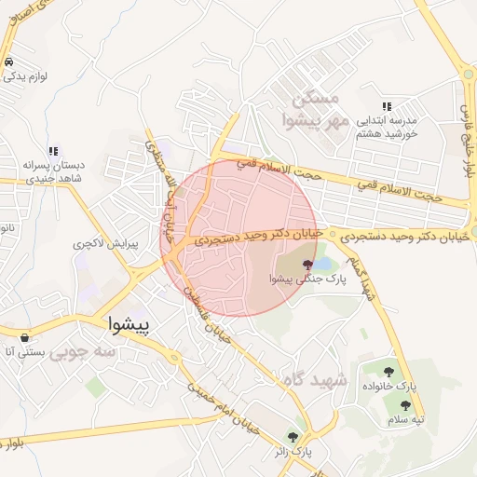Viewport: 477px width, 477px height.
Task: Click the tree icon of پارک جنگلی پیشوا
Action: pos(307,265)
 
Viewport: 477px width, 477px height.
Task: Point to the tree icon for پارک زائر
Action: pos(293,437)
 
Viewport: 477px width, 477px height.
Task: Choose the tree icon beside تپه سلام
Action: pos(405,405)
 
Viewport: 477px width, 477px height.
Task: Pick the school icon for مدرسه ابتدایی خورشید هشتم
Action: pos(387,107)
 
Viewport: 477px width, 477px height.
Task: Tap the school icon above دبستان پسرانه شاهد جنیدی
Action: pos(54,150)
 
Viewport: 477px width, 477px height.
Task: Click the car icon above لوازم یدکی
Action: pos(8,61)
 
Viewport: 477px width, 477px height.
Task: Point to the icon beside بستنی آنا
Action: pos(24,336)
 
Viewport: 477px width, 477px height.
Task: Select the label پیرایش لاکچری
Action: pos(105,244)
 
